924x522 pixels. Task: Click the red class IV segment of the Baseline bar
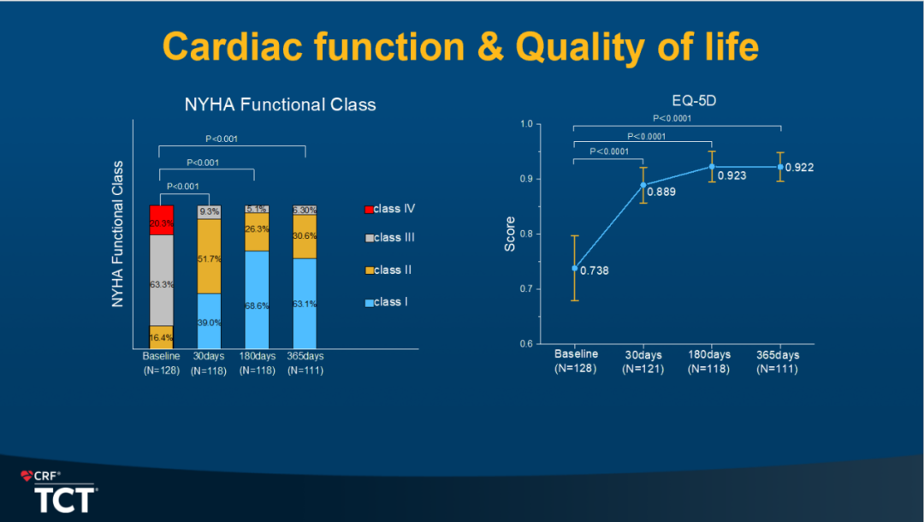162,220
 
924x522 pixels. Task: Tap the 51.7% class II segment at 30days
210,257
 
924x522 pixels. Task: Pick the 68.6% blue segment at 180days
257,298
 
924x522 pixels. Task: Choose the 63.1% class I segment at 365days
305,301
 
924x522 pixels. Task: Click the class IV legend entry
394,209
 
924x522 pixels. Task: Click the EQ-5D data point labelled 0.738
575,268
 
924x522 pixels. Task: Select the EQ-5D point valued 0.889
643,185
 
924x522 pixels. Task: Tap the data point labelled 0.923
712,166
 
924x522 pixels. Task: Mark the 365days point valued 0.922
781,167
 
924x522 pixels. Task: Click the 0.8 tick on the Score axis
525,234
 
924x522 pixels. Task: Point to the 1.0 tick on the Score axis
525,124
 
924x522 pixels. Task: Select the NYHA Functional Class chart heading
281,105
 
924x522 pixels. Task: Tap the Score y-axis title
510,234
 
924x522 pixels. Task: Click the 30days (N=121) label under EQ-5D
643,362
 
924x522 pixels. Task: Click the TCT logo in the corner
64,499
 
